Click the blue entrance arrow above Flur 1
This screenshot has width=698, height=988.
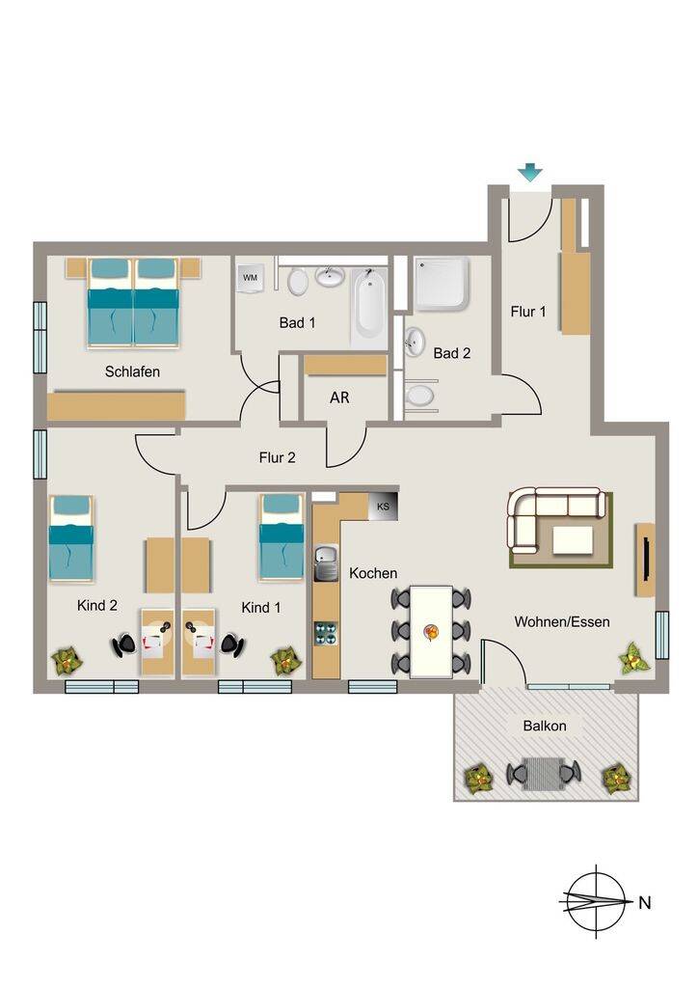(x=530, y=172)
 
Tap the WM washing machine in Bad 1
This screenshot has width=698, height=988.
(x=251, y=277)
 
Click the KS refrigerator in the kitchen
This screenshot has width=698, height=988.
(x=382, y=506)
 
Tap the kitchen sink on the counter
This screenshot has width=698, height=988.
(x=326, y=563)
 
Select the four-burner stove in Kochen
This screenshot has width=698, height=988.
(x=326, y=633)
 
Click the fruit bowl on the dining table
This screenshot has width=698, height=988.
(x=432, y=631)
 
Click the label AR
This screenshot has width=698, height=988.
(x=339, y=398)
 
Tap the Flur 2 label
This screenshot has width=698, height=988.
(x=277, y=457)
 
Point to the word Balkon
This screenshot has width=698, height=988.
(x=545, y=726)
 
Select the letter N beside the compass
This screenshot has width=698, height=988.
(x=645, y=902)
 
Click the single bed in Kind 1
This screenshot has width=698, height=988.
(x=282, y=536)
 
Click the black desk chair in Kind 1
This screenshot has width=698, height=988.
(x=233, y=645)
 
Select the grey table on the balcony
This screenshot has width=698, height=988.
(x=544, y=773)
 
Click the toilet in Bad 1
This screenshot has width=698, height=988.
(x=297, y=281)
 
